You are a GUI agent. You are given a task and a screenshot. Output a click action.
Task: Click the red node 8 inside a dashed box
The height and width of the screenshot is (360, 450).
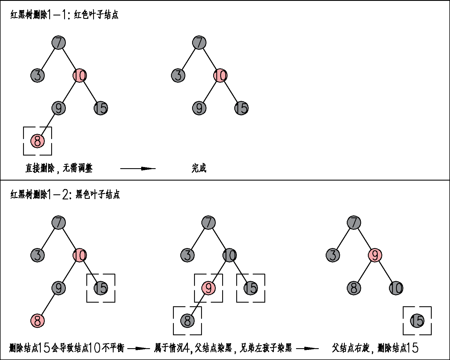(x=37, y=141)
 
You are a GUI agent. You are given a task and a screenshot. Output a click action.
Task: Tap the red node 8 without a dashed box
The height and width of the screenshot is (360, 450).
(x=37, y=321)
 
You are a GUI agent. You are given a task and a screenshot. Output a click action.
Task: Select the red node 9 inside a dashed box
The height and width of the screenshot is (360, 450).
(x=208, y=288)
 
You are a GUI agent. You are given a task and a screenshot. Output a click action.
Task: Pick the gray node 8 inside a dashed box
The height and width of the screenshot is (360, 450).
(x=187, y=321)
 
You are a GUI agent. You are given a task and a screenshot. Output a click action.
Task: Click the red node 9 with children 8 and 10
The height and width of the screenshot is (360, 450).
(x=375, y=255)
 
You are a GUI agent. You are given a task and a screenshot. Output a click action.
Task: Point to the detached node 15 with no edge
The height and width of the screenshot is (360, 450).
(x=417, y=321)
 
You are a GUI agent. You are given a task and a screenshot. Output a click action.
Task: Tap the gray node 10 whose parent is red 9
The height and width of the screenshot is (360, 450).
(x=396, y=288)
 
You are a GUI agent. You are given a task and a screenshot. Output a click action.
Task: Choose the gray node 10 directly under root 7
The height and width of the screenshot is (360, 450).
(x=229, y=255)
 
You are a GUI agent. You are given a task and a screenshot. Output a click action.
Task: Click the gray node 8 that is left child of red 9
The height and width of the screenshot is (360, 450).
(x=354, y=288)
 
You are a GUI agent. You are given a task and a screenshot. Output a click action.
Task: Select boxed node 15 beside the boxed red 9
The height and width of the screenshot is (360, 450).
(x=251, y=288)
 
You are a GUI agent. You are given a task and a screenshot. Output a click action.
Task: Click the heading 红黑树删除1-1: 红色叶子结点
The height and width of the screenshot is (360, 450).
(x=64, y=15)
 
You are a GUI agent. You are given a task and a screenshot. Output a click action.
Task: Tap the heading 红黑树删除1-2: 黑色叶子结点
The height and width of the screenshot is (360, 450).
(x=65, y=194)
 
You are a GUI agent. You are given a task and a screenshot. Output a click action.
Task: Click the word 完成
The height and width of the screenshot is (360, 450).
(x=199, y=168)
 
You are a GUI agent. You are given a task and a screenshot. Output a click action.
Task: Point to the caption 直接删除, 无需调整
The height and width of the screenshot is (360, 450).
(x=59, y=168)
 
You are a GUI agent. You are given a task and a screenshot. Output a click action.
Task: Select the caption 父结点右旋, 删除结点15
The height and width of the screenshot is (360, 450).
(x=375, y=348)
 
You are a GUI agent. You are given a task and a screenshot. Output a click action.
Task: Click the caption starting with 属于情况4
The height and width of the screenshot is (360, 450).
(x=223, y=348)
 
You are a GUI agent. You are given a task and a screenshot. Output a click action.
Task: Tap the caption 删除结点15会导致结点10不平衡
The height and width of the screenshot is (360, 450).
(x=67, y=348)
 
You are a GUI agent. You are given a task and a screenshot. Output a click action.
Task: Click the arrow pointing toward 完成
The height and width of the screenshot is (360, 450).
(x=138, y=168)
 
